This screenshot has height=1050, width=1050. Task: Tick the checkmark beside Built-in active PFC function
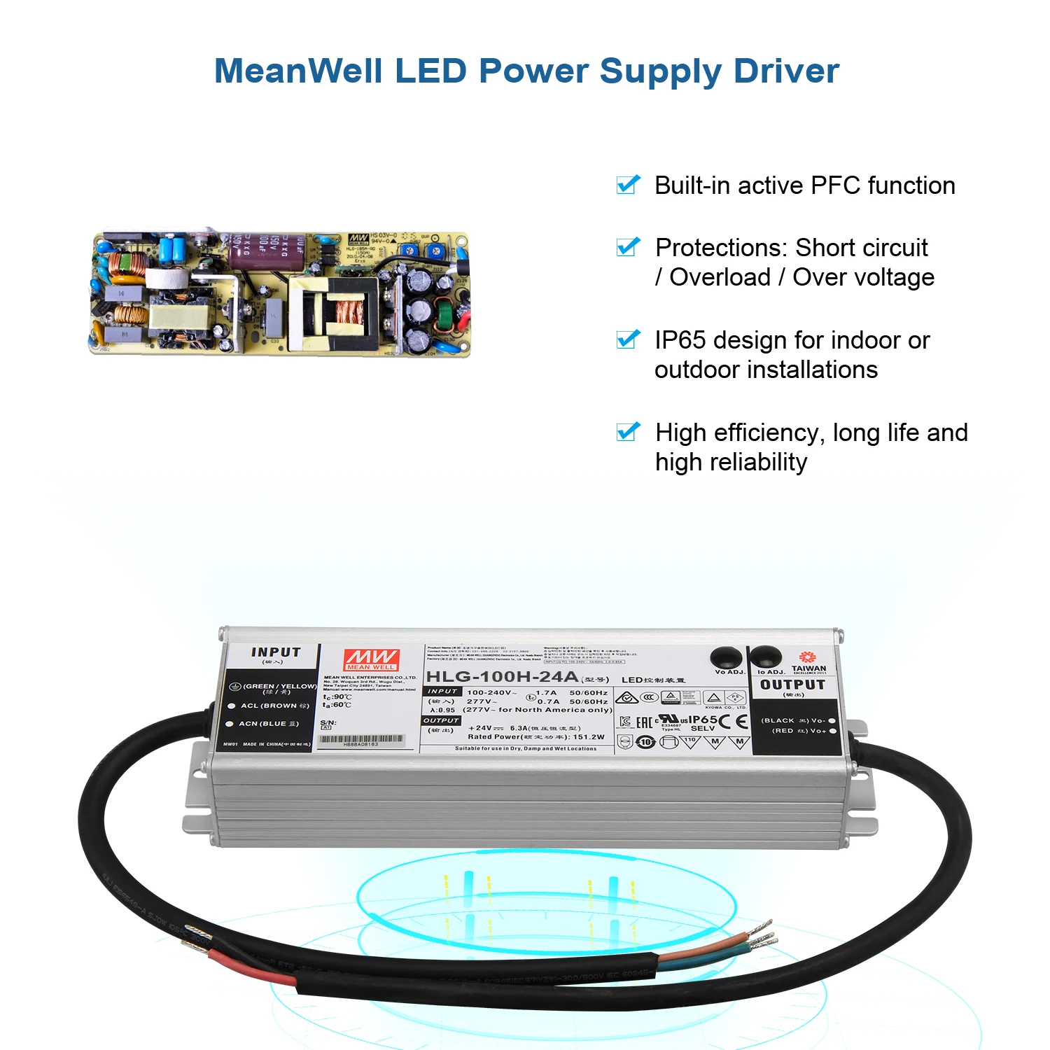click(x=628, y=185)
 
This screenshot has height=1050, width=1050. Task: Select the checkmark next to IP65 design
click(x=628, y=339)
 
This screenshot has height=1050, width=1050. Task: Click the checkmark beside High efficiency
click(x=628, y=432)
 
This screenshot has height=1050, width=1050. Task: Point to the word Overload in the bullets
click(x=720, y=277)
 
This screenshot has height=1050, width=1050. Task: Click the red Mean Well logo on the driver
click(x=371, y=659)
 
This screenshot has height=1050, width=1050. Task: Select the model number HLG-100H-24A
click(x=502, y=677)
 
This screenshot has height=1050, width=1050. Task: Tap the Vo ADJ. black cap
click(x=727, y=657)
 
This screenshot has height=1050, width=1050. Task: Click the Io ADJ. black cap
click(x=766, y=657)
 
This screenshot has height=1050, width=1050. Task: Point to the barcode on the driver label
click(x=360, y=739)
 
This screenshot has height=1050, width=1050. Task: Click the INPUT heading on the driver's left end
click(x=276, y=652)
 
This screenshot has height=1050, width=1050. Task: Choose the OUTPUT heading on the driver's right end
click(x=792, y=685)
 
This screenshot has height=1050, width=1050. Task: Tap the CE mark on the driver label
click(x=734, y=721)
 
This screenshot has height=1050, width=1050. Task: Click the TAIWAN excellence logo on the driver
click(x=808, y=661)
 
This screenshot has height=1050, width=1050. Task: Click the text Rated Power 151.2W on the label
click(x=535, y=737)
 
